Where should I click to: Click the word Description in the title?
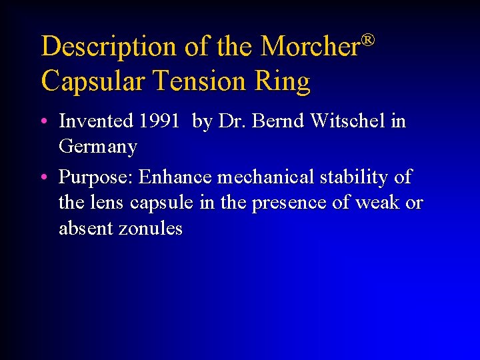pyautogui.click(x=107, y=47)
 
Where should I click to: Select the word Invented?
pyautogui.click(x=96, y=121)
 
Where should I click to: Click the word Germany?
pyautogui.click(x=98, y=147)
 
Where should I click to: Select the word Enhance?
pyautogui.click(x=173, y=177)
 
